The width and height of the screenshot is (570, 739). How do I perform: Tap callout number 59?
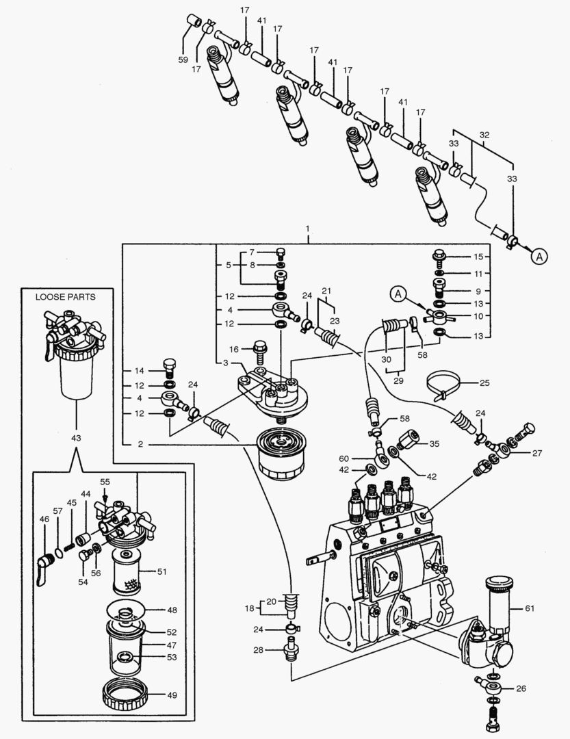[x=183, y=60]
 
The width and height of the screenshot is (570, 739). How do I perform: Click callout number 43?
[x=75, y=437]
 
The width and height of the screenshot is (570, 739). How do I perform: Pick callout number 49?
[x=172, y=695]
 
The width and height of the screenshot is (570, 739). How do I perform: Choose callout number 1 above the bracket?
[x=307, y=227]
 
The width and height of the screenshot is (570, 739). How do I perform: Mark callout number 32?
[x=484, y=135]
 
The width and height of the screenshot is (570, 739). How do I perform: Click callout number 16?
[x=233, y=349]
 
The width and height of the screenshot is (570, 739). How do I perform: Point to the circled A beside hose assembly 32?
[x=540, y=257]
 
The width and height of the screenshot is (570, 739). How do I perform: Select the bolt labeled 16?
[x=260, y=350]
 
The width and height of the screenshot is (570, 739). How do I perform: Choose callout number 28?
[x=258, y=649]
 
